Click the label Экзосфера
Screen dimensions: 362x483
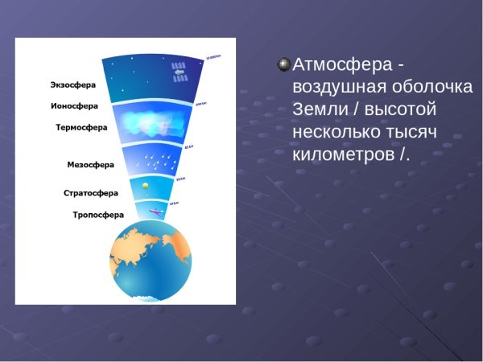73,83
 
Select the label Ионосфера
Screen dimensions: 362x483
73,105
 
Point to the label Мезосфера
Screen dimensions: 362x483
90,165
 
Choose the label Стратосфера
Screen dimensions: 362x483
91,193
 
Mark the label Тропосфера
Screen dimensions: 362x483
98,215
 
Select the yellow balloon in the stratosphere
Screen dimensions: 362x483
144,187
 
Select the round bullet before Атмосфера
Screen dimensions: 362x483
283,64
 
